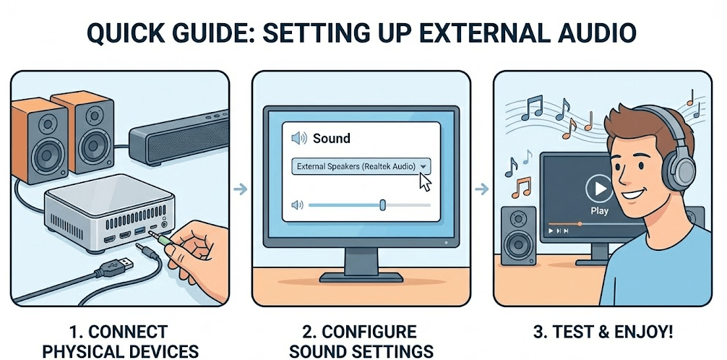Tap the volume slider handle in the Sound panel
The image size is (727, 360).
pyautogui.click(x=382, y=205)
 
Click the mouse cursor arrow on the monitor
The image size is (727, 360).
pyautogui.click(x=425, y=181)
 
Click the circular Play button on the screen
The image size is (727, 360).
pyautogui.click(x=598, y=189)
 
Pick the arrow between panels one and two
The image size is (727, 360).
pyautogui.click(x=241, y=189)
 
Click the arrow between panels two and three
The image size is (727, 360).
pyautogui.click(x=481, y=189)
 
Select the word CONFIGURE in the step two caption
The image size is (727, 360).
pyautogui.click(x=369, y=332)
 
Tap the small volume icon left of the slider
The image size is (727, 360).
pyautogui.click(x=296, y=205)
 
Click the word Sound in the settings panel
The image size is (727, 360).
pyautogui.click(x=331, y=138)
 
